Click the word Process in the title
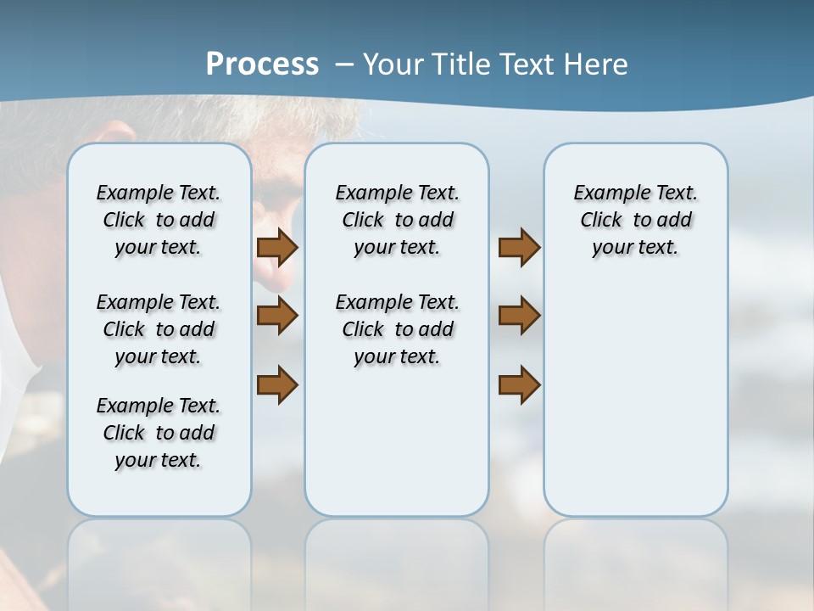coord(262,64)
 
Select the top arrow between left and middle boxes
coord(277,248)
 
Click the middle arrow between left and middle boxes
coord(277,316)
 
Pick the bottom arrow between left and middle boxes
coord(277,384)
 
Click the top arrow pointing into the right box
coord(519,248)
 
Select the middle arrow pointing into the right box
coord(519,316)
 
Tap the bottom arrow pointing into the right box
coord(519,384)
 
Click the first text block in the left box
coord(159,220)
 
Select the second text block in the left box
coord(159,329)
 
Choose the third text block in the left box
coord(159,433)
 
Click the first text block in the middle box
coord(397,220)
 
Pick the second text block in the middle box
coord(397,329)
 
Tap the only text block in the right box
coord(635,220)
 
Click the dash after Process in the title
coord(344,64)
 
